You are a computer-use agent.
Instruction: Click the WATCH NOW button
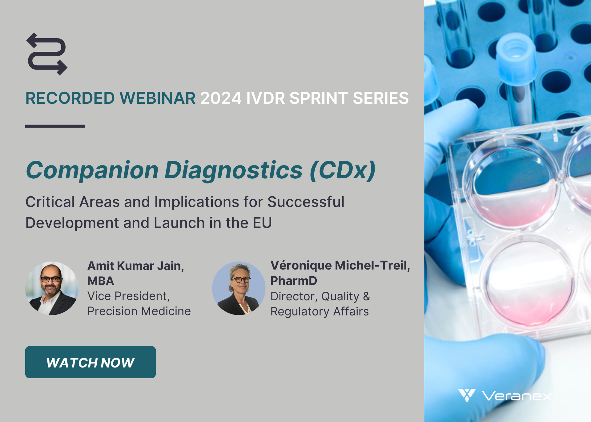pyautogui.click(x=90, y=362)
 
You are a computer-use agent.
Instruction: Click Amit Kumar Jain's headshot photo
pyautogui.click(x=52, y=288)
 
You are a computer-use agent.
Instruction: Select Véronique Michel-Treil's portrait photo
pyautogui.click(x=239, y=288)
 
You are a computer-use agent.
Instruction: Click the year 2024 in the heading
pyautogui.click(x=221, y=98)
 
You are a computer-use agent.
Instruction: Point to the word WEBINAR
pyautogui.click(x=157, y=98)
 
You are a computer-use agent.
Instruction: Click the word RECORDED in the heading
pyautogui.click(x=70, y=98)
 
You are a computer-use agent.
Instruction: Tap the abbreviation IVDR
pyautogui.click(x=266, y=98)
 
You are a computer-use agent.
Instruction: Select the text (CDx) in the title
pyautogui.click(x=343, y=170)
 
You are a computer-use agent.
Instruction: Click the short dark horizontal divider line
pyautogui.click(x=55, y=126)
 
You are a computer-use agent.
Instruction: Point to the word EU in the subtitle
pyautogui.click(x=262, y=223)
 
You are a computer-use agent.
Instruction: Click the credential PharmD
pyautogui.click(x=294, y=281)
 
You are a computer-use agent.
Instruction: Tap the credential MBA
pyautogui.click(x=101, y=281)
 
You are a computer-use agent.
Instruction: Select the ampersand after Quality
pyautogui.click(x=366, y=296)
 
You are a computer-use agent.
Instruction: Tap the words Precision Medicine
pyautogui.click(x=139, y=311)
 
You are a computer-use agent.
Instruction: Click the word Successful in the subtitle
pyautogui.click(x=306, y=202)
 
